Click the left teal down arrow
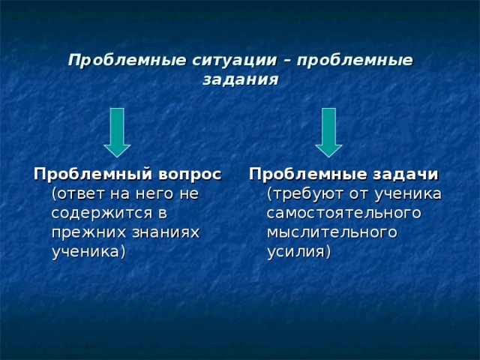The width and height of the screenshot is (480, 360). (116, 132)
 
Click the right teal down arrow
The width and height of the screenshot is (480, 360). (328, 132)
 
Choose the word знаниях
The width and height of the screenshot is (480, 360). (164, 232)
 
